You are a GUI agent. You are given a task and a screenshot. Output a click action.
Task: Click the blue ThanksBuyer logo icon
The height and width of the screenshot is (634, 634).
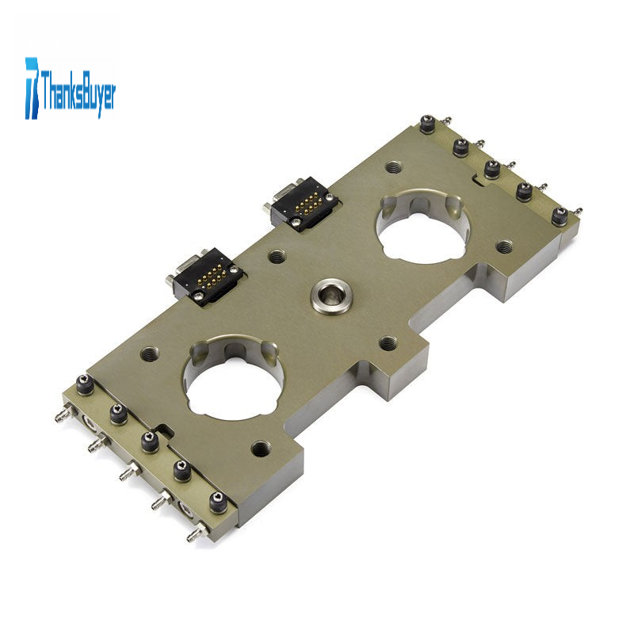pos(32,88)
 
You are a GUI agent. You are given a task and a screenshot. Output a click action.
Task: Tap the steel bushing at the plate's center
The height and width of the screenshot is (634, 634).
pos(331,296)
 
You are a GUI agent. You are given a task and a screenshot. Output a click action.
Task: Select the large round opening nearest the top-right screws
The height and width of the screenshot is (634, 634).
pos(423,228)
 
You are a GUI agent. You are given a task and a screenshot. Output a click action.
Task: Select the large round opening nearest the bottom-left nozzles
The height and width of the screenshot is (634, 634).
pos(233,376)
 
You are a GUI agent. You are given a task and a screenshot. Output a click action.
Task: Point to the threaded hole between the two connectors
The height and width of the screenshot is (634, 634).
pos(277,256)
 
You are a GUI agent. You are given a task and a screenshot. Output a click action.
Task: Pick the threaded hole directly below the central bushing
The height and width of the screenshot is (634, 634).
pos(388,344)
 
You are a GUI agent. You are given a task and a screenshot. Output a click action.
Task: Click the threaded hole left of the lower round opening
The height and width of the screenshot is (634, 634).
pos(150,354)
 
